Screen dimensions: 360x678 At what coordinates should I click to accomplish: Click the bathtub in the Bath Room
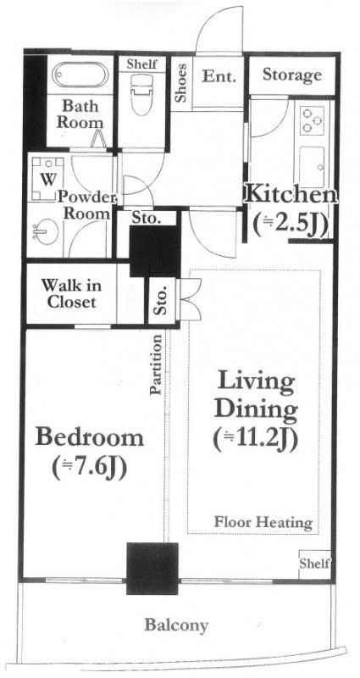[80, 75]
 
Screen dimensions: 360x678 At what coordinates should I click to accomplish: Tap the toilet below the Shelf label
[141, 94]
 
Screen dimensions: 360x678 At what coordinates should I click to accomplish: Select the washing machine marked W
[47, 179]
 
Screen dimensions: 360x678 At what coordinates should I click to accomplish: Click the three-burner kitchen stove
[313, 119]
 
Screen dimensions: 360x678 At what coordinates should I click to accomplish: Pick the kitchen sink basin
[312, 166]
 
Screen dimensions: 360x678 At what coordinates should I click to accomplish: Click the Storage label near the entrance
[292, 75]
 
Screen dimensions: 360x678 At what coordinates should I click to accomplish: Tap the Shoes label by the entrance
[181, 83]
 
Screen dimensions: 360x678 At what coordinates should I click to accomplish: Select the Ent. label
[219, 77]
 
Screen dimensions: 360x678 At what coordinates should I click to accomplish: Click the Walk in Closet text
[72, 293]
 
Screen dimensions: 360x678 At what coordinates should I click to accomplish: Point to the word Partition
[157, 364]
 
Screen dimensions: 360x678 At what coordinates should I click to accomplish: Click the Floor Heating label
[263, 522]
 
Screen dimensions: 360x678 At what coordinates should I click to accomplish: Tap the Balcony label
[176, 625]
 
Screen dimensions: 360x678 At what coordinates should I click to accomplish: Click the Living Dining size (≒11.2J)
[256, 439]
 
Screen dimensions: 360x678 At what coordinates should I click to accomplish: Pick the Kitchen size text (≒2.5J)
[290, 225]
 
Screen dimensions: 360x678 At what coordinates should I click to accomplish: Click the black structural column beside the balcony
[152, 568]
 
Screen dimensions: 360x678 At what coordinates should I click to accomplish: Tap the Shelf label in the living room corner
[314, 564]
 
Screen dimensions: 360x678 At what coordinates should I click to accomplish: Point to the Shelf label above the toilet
[141, 64]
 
